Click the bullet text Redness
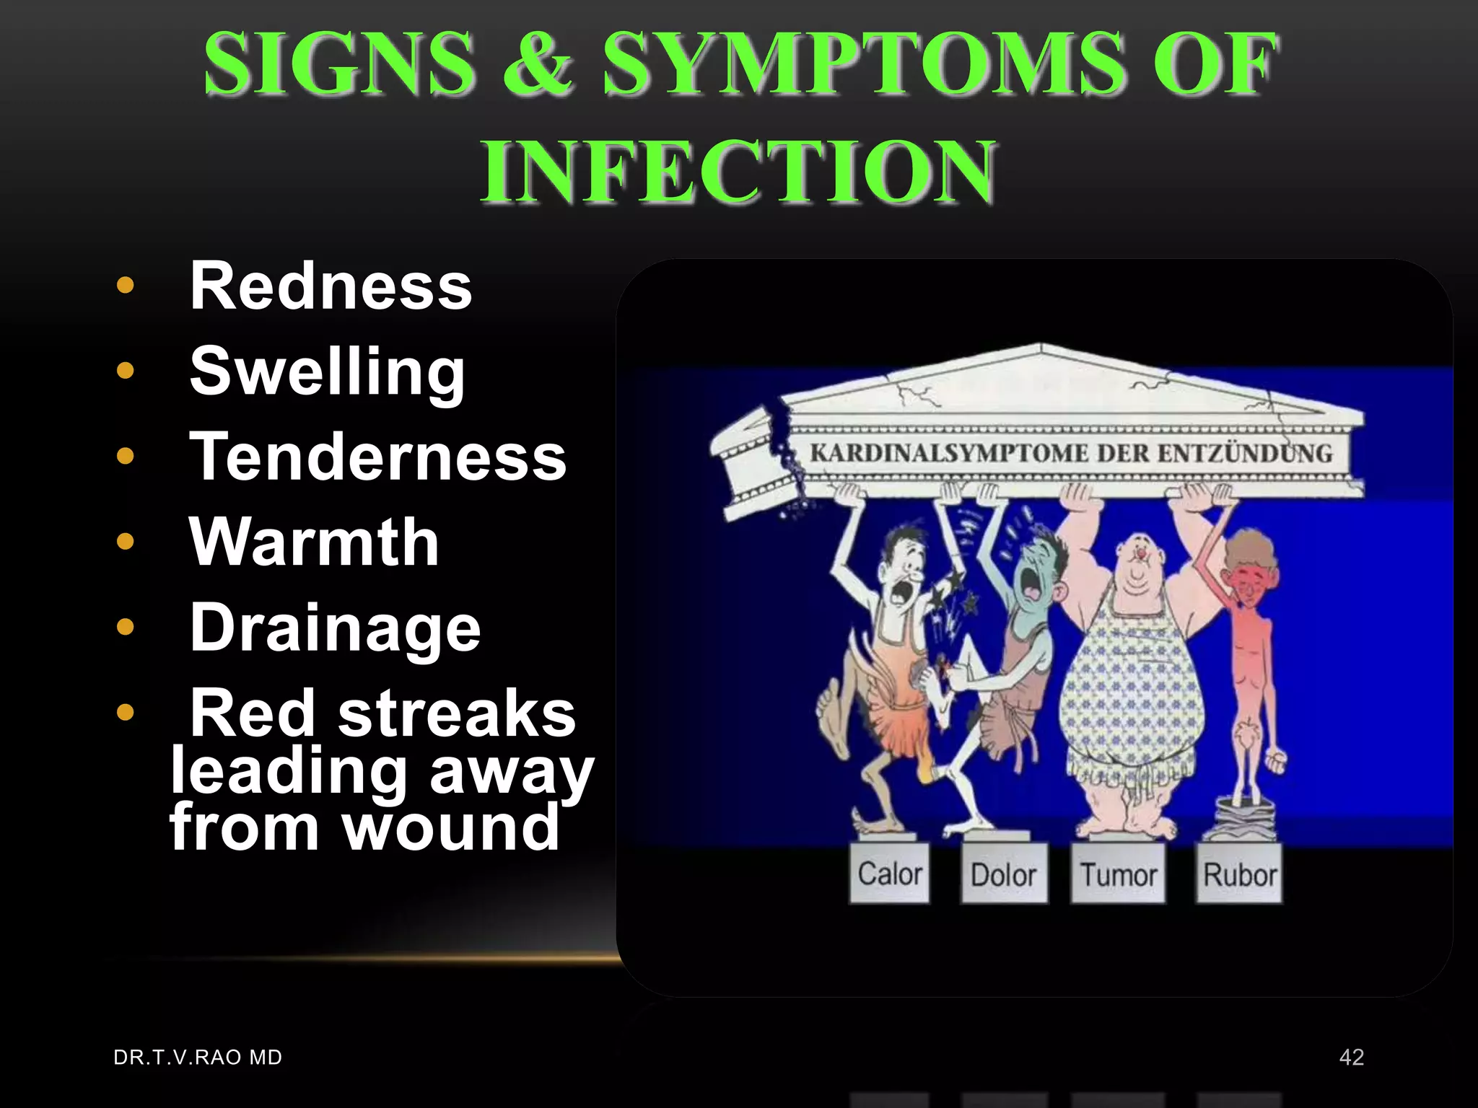(x=331, y=286)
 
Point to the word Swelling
(x=327, y=372)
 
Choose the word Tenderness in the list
(x=377, y=457)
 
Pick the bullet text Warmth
(x=314, y=542)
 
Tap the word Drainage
(x=335, y=628)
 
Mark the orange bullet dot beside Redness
(x=126, y=286)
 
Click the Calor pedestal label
(x=889, y=874)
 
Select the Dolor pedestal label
(x=1003, y=875)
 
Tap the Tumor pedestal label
(x=1118, y=875)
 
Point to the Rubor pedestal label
(x=1239, y=875)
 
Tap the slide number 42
(x=1351, y=1057)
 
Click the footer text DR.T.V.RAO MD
(x=198, y=1057)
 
